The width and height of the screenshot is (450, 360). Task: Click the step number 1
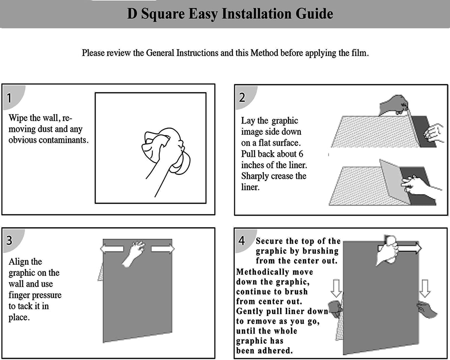click(x=9, y=98)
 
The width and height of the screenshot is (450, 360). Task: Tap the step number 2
click(x=242, y=97)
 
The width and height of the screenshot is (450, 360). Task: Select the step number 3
click(x=9, y=240)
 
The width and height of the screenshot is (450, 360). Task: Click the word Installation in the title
click(x=256, y=14)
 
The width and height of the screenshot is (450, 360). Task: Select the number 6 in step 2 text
click(x=301, y=154)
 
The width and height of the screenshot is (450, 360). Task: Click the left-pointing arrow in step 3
click(x=112, y=249)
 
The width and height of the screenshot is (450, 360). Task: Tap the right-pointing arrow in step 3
click(x=163, y=249)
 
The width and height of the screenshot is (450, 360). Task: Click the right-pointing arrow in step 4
click(x=409, y=248)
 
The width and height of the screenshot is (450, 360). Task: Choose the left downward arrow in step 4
click(x=336, y=288)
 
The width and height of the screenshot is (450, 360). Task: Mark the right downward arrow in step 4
click(x=425, y=288)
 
